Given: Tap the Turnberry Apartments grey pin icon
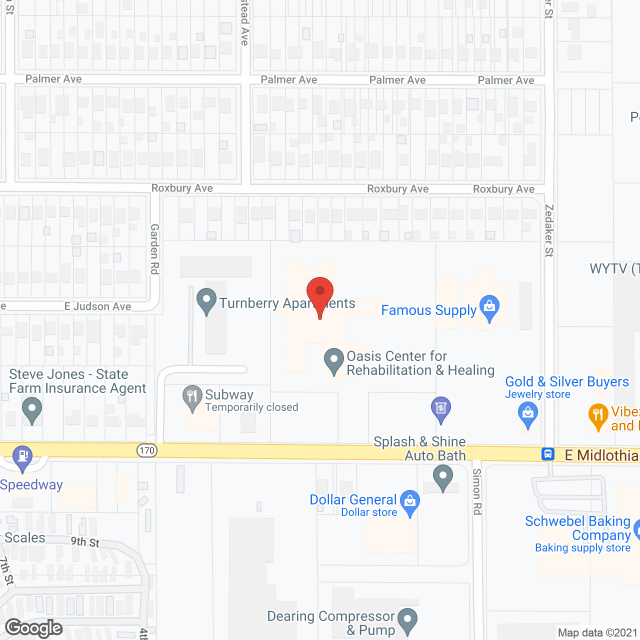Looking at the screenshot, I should pyautogui.click(x=206, y=301).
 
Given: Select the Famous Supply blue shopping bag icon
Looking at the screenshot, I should pyautogui.click(x=489, y=307).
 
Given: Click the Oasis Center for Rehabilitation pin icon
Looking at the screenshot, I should pyautogui.click(x=333, y=360).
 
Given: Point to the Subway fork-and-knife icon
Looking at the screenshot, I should pyautogui.click(x=192, y=397).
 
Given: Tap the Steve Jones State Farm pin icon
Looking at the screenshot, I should pyautogui.click(x=32, y=409).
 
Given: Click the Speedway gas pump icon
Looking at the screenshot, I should pyautogui.click(x=22, y=457).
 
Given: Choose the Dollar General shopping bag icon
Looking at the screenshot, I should pyautogui.click(x=410, y=502).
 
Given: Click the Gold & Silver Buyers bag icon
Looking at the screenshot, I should pyautogui.click(x=527, y=415).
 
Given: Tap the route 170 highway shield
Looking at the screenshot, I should pyautogui.click(x=147, y=450).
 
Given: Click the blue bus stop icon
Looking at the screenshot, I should pyautogui.click(x=548, y=454).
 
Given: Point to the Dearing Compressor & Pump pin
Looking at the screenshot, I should pyautogui.click(x=408, y=620).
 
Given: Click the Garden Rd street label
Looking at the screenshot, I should pyautogui.click(x=155, y=249).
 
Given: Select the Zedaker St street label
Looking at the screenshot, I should pyautogui.click(x=549, y=230).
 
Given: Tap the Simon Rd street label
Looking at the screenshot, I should pyautogui.click(x=477, y=491).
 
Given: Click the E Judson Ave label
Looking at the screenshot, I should pyautogui.click(x=97, y=306).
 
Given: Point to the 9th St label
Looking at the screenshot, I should pyautogui.click(x=85, y=541).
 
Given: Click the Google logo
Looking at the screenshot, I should pyautogui.click(x=34, y=628).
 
